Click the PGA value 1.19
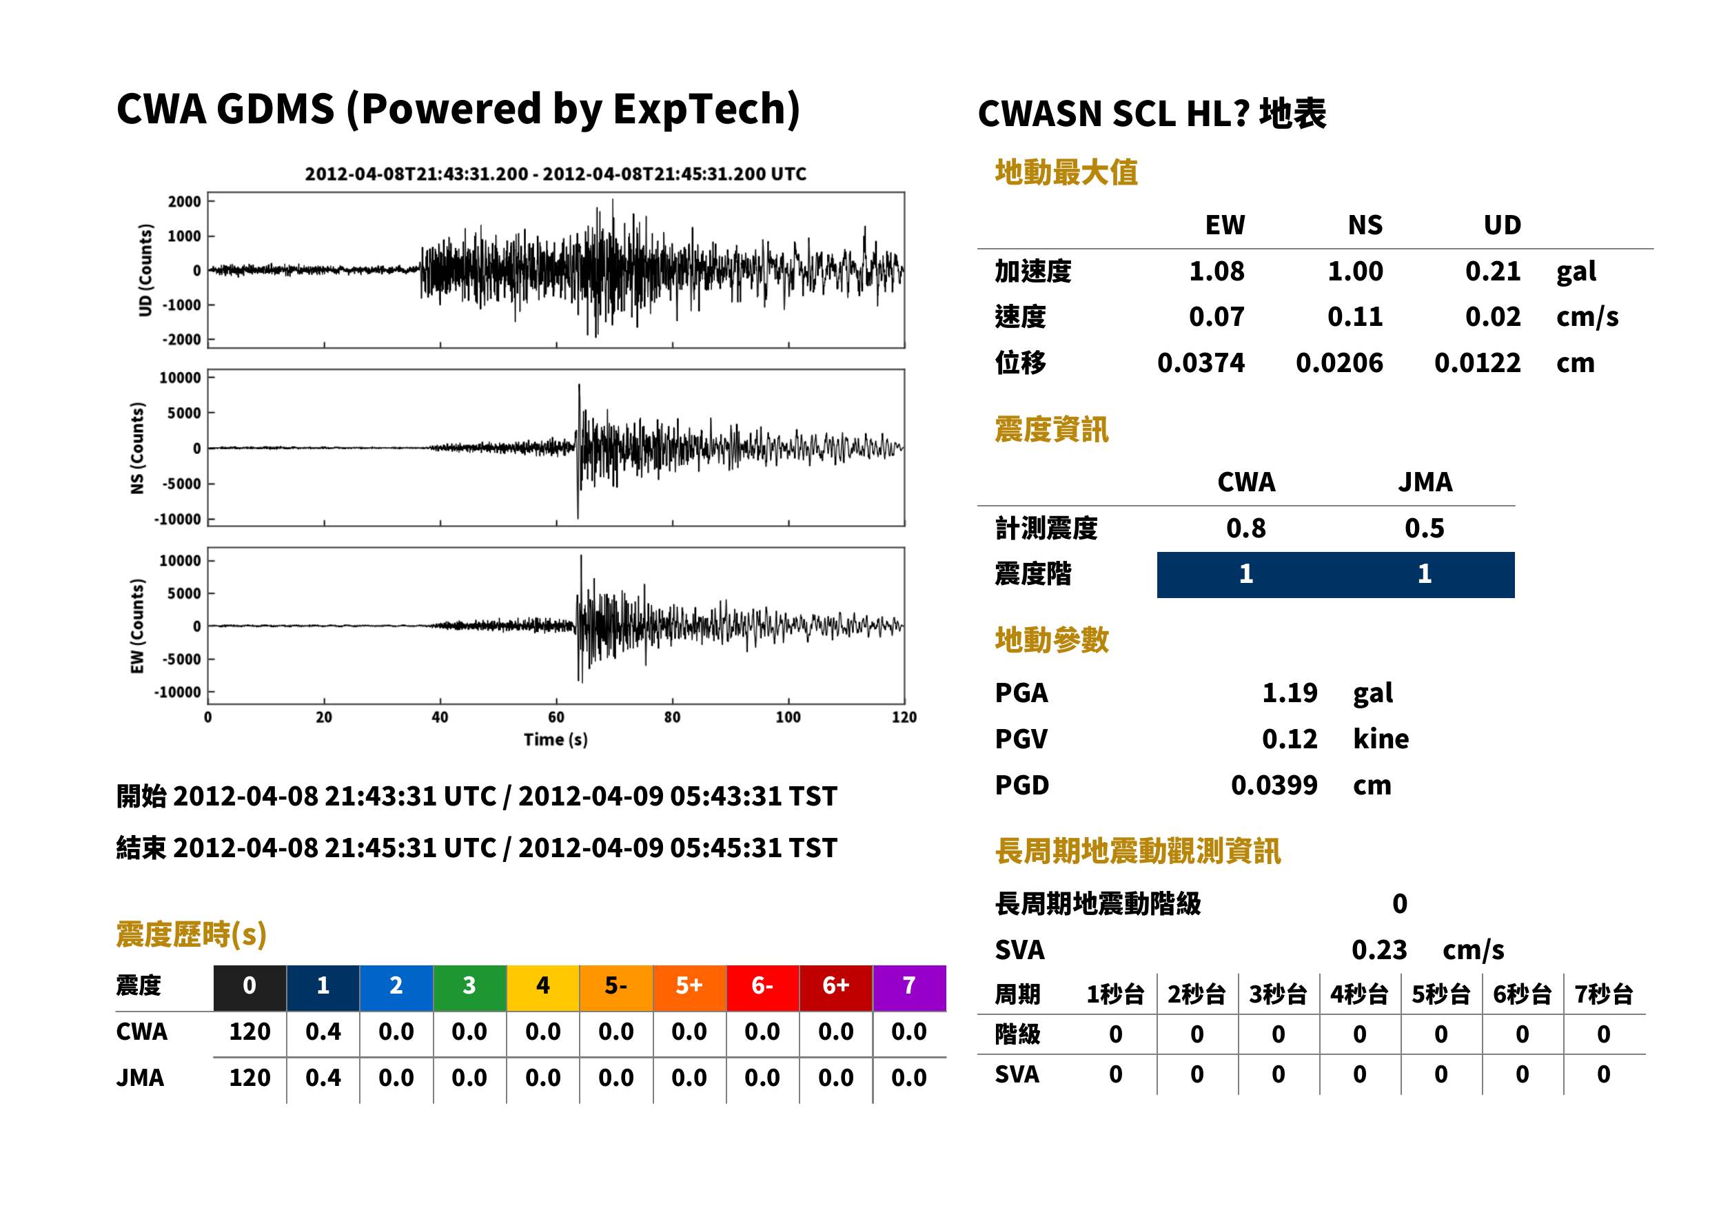click(x=1289, y=692)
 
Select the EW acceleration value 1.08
click(x=1216, y=271)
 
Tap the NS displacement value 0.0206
click(x=1339, y=362)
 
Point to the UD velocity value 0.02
click(x=1493, y=316)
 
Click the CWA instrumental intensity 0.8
click(x=1245, y=528)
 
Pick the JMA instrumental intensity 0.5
click(x=1424, y=528)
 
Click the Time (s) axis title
click(x=556, y=740)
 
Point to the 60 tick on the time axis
click(x=556, y=717)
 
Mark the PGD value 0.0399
click(x=1274, y=785)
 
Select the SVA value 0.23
click(x=1379, y=950)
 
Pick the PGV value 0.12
click(x=1289, y=738)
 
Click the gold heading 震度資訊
click(x=1051, y=429)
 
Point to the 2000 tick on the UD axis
click(x=184, y=201)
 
